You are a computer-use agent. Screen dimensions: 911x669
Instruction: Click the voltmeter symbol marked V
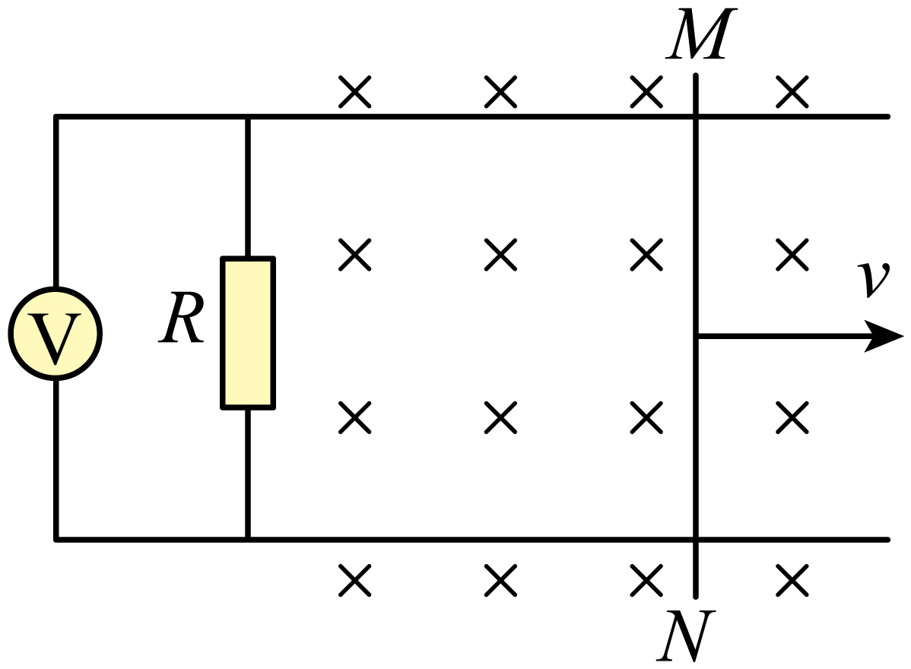point(56,333)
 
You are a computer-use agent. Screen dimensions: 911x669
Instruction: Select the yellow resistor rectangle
point(248,333)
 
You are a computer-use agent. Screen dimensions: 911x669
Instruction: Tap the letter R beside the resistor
point(181,318)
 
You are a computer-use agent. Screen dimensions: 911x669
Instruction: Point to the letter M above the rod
point(701,33)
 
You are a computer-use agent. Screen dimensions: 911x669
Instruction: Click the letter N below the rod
point(686,636)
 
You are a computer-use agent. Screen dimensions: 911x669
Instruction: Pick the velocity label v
point(874,280)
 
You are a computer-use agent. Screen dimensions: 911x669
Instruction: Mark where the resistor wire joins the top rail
point(248,117)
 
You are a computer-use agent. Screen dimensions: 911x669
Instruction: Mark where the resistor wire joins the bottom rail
point(248,540)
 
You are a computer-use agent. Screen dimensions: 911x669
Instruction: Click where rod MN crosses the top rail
point(696,117)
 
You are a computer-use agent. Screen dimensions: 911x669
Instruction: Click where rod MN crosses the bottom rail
point(696,540)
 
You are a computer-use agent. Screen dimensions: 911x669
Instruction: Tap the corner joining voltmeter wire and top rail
point(56,117)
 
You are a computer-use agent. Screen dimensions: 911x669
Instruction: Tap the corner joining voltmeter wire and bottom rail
point(56,540)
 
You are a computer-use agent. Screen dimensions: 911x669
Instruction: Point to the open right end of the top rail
point(887,117)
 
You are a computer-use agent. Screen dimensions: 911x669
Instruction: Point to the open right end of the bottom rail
point(887,540)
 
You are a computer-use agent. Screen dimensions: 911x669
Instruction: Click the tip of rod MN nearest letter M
point(696,75)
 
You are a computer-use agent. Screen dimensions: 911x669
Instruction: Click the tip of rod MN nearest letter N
point(696,596)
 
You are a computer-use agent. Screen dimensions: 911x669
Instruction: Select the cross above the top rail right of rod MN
point(792,92)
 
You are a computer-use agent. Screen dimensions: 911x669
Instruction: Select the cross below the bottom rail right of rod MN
point(792,579)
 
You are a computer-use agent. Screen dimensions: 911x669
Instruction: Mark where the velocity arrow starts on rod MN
point(697,336)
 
